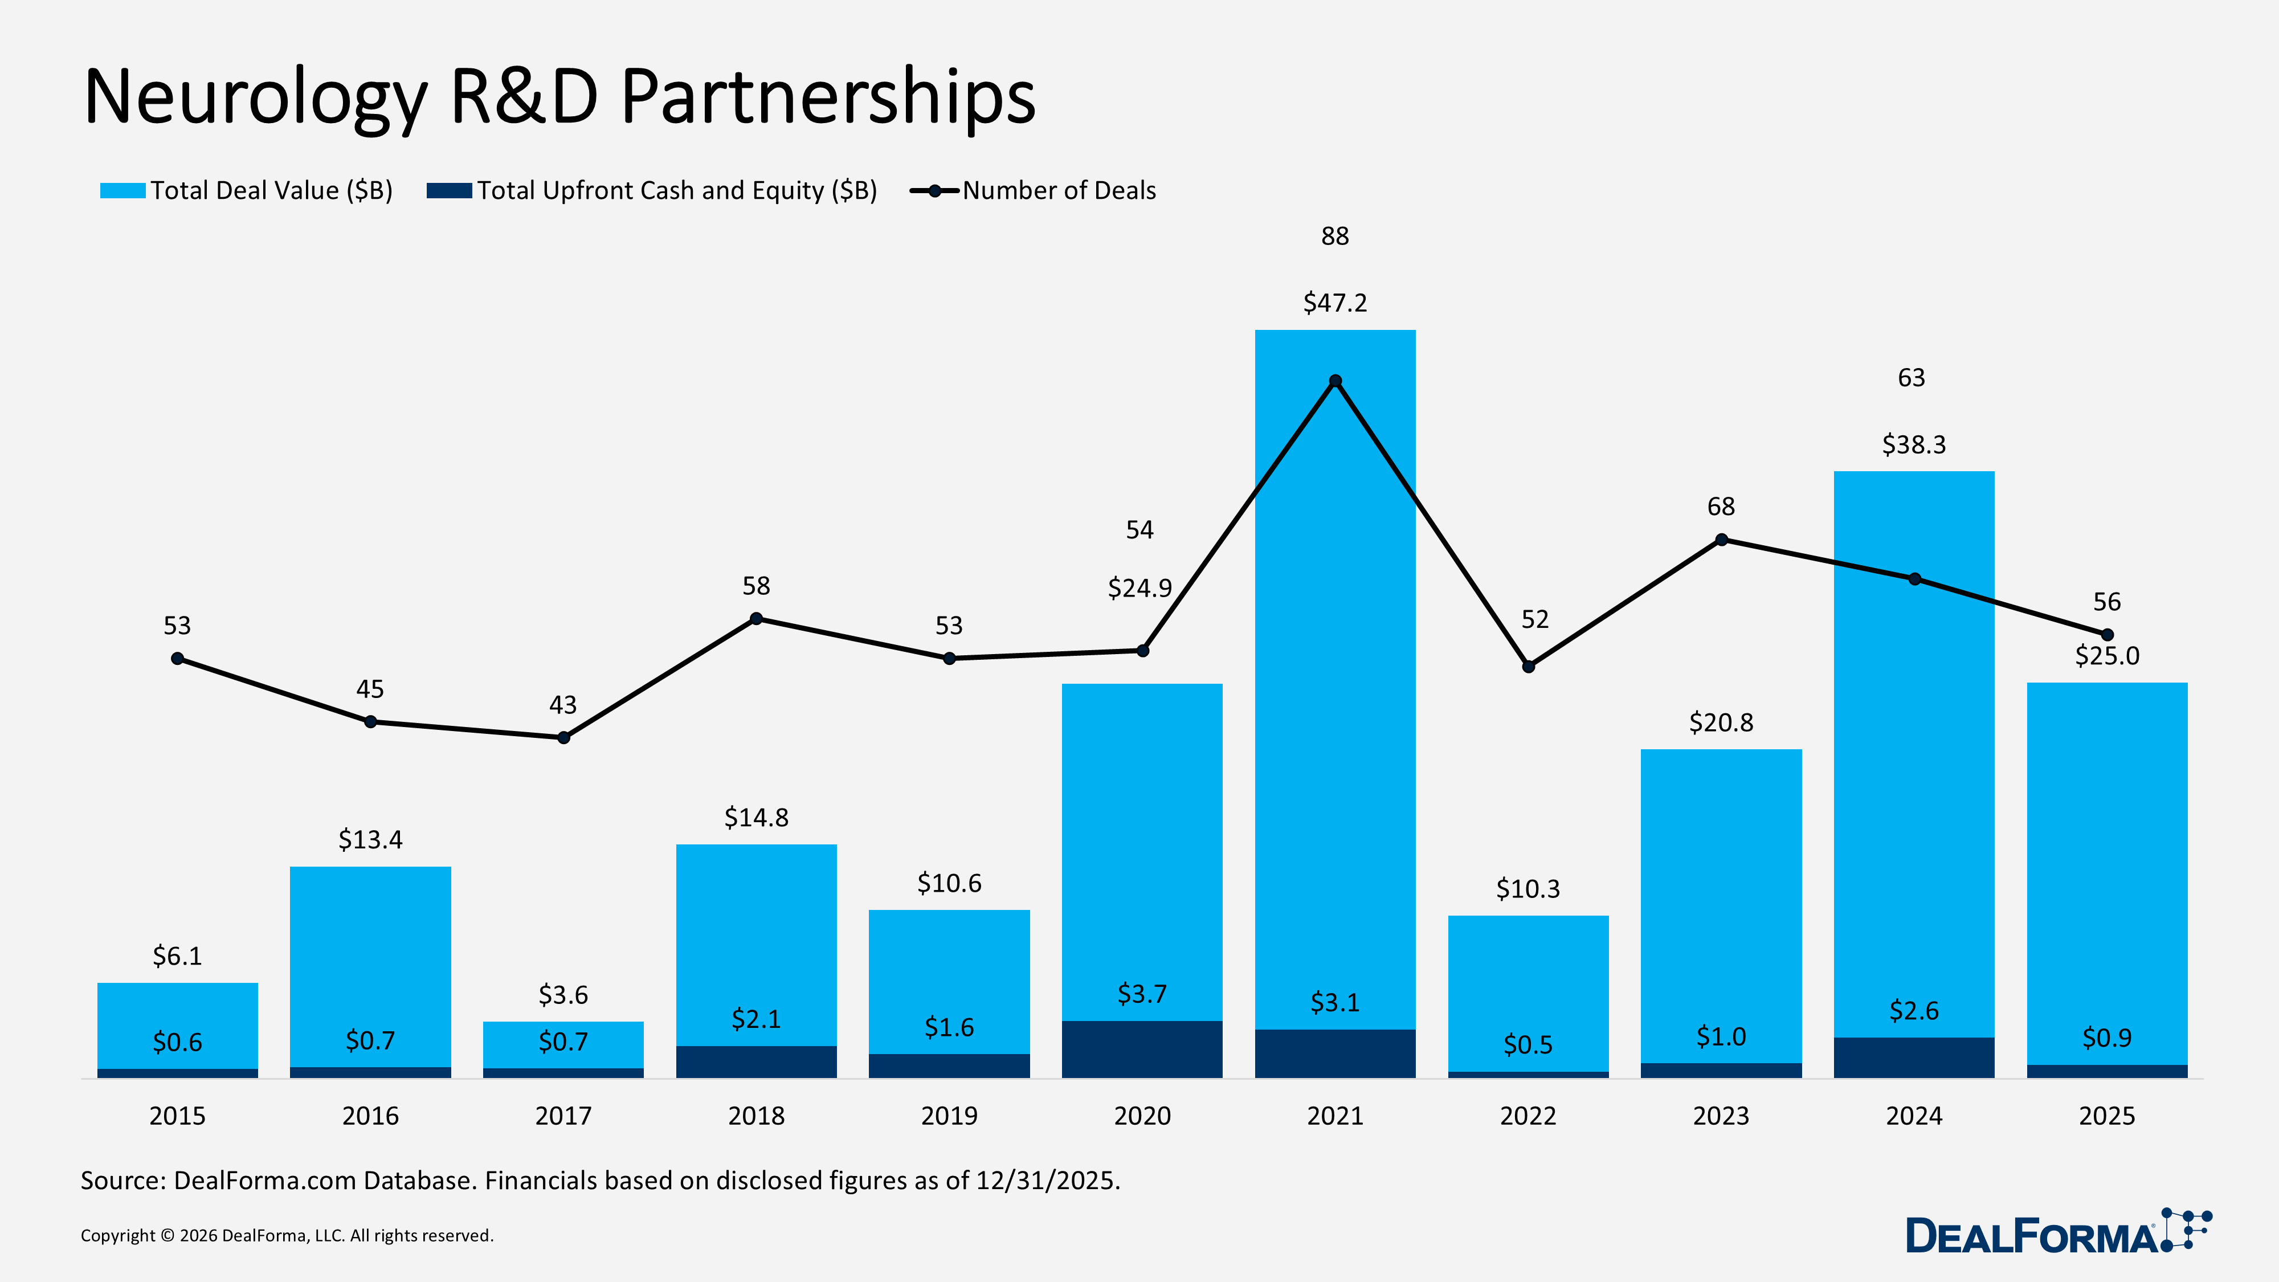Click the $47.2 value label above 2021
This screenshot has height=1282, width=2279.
tap(1335, 303)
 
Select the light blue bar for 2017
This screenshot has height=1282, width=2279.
tap(563, 1044)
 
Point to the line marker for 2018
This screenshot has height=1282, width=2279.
tap(757, 618)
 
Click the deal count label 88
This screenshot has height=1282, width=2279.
tap(1335, 236)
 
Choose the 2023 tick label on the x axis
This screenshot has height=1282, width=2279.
tap(1721, 1116)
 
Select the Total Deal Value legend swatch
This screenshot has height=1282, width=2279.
tap(122, 190)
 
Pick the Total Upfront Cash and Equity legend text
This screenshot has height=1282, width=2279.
tap(677, 190)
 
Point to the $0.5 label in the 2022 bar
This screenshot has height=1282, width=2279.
tap(1528, 1045)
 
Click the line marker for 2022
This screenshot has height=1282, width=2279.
tap(1528, 666)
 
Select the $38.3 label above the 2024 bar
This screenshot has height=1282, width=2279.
tap(1914, 444)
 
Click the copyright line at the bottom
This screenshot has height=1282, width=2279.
tap(287, 1235)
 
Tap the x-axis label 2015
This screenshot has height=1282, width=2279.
tap(177, 1116)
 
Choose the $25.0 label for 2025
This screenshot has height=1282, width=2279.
tap(2106, 656)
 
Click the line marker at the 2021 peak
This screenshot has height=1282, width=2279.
tap(1335, 381)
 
